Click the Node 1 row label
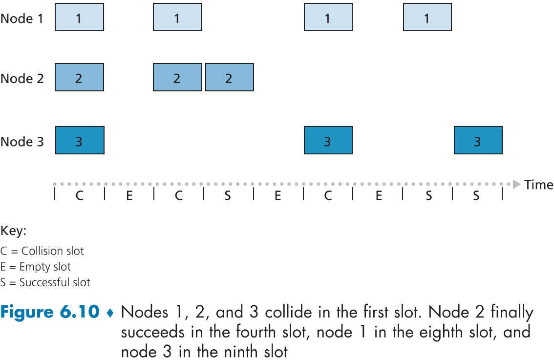tap(22, 19)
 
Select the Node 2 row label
tap(22, 78)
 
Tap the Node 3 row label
tap(22, 142)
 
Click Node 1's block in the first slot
tap(79, 18)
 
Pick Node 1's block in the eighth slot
tap(427, 18)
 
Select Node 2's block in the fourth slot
tap(229, 78)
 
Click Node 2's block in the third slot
tap(177, 78)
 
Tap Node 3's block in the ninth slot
tap(478, 141)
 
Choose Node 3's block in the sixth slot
tap(328, 141)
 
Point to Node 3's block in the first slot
tap(80, 141)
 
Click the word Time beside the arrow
tap(538, 185)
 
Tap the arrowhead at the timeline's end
tap(516, 184)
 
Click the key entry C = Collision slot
tap(43, 251)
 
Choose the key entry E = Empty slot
tap(36, 267)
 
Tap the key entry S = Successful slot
tap(45, 282)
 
